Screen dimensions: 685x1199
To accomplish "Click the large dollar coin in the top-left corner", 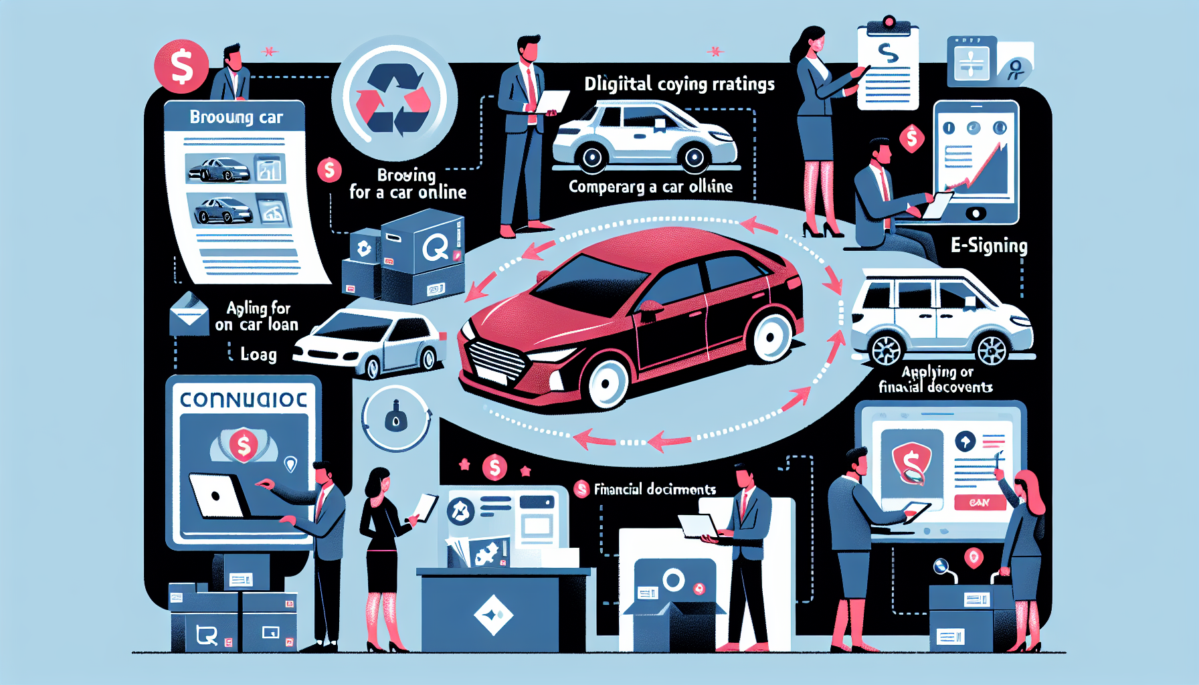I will click(x=181, y=66).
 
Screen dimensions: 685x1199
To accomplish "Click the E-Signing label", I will click(x=989, y=246).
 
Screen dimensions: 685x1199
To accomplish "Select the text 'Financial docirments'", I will click(x=654, y=489).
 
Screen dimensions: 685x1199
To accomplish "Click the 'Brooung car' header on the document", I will click(x=236, y=117).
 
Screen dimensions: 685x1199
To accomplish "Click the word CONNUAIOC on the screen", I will click(x=244, y=400).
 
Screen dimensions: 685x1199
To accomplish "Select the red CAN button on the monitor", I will click(x=979, y=502).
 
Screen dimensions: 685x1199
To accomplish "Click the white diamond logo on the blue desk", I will click(x=493, y=614).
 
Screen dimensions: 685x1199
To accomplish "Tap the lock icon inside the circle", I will click(x=396, y=417).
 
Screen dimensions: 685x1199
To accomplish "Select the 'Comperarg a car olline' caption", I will click(x=650, y=187).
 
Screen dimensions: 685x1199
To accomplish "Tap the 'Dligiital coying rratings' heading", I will click(x=679, y=84).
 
